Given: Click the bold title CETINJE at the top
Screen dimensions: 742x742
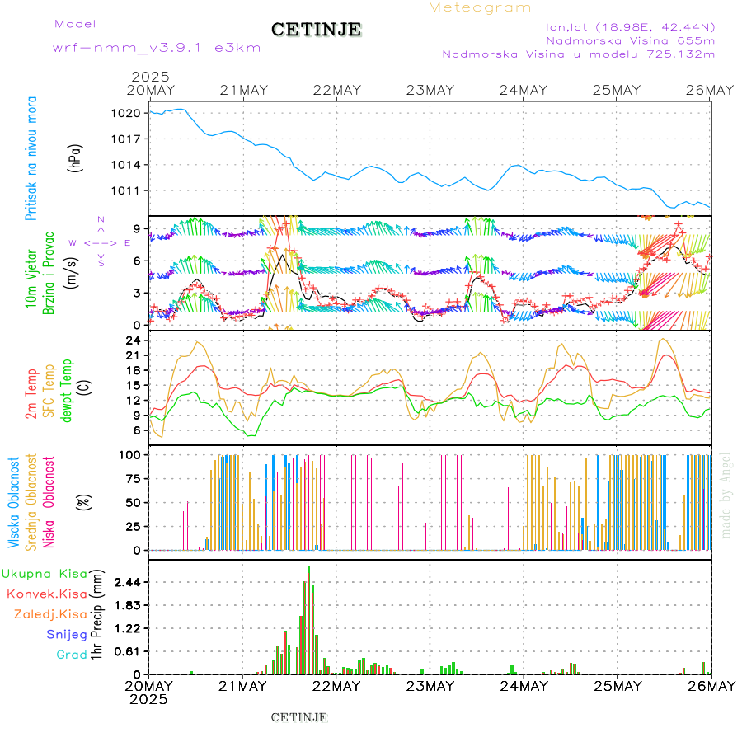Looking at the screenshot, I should pos(316,30).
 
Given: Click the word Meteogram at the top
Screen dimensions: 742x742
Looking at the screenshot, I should pos(480,7).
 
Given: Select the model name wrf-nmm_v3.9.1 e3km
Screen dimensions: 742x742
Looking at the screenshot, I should pos(157,48).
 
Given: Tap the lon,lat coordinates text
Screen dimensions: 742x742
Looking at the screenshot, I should pos(631,26).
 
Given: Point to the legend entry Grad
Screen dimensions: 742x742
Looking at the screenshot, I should pos(72,655).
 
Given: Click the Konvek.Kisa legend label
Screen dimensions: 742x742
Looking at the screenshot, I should pos(47,594).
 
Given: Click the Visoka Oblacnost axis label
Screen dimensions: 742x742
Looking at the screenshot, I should pos(15,503).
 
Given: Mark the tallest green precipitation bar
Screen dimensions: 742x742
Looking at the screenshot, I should pos(309,618).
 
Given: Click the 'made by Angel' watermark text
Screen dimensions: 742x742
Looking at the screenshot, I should pos(726,495).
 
